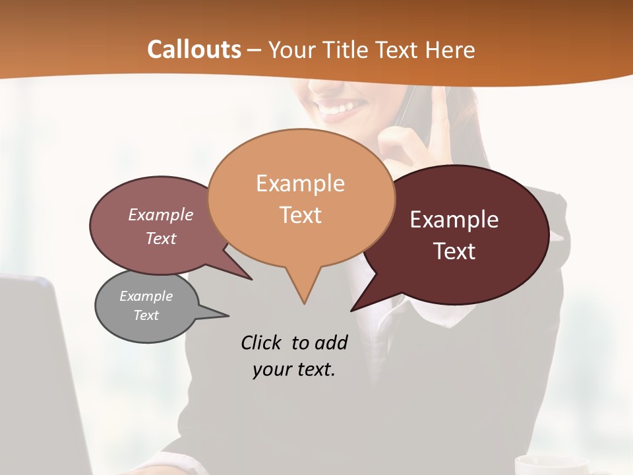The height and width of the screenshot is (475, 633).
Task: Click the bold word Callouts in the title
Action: [194, 49]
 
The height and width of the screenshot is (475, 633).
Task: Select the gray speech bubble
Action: [146, 307]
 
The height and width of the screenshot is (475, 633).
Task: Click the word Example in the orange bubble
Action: [300, 183]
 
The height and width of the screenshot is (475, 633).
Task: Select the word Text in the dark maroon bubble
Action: [455, 251]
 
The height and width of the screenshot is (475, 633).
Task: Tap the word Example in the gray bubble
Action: [146, 296]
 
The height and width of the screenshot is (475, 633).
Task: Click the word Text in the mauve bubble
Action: [161, 239]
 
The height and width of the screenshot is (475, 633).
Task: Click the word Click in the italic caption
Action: [262, 342]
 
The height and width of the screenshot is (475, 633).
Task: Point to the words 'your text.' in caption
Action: [293, 369]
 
